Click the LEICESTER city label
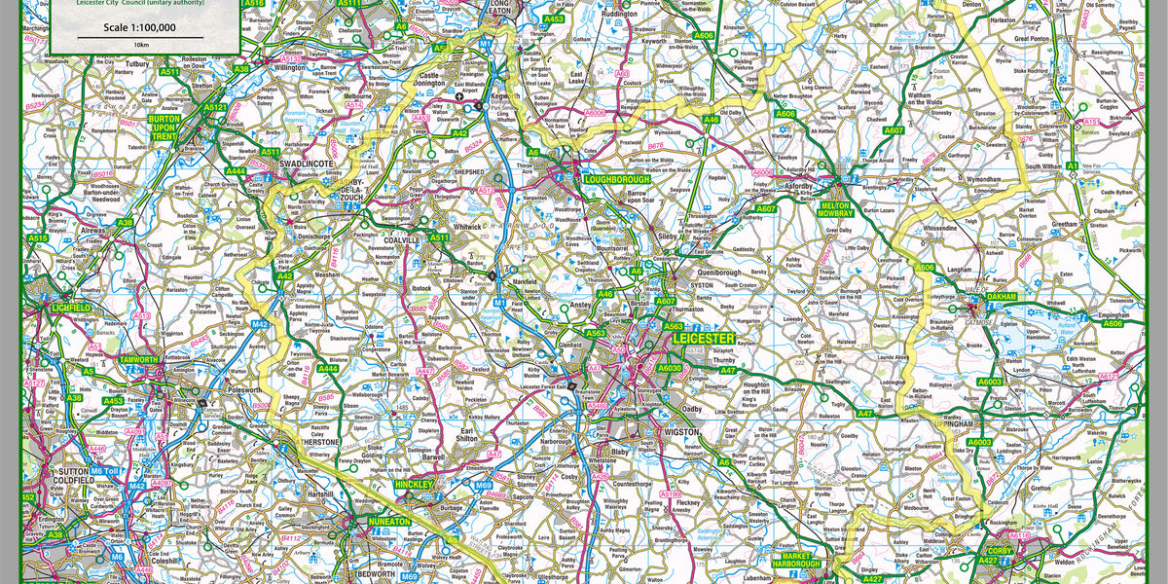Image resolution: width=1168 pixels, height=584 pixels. pos(703,338)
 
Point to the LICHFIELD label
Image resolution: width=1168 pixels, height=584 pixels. pos(71,308)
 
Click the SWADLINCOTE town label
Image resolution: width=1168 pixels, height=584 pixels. pos(307,164)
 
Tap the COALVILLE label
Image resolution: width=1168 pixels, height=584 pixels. pos(401,239)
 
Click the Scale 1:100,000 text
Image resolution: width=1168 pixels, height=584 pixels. pos(142,27)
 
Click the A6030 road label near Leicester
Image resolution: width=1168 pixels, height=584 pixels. pos(670,368)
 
